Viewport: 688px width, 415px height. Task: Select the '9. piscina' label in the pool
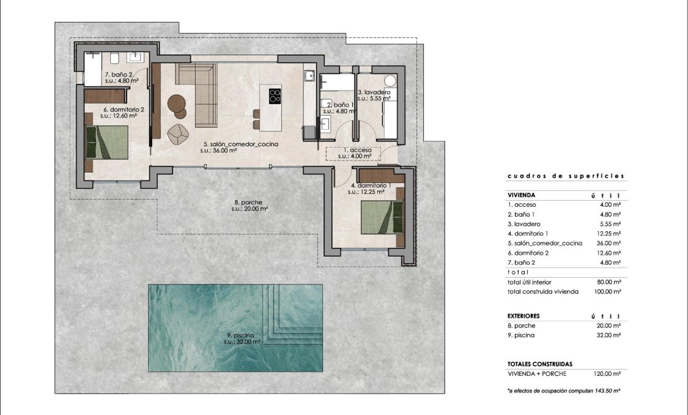(x=237, y=335)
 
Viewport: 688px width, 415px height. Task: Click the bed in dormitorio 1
(x=382, y=217)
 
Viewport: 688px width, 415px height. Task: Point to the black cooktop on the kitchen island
(x=275, y=95)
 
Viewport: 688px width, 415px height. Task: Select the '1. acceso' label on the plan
(x=353, y=150)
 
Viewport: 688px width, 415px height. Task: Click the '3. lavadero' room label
(x=374, y=92)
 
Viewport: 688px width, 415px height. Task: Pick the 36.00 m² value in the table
(x=609, y=243)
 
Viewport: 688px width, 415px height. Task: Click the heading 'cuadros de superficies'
(x=566, y=176)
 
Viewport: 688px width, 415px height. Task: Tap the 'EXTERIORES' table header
(x=523, y=316)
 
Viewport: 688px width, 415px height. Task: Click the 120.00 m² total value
(x=607, y=373)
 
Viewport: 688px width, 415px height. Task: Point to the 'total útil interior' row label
(x=530, y=282)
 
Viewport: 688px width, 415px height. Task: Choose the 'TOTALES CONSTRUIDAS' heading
(x=540, y=364)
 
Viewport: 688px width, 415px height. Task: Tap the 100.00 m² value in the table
(x=607, y=292)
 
